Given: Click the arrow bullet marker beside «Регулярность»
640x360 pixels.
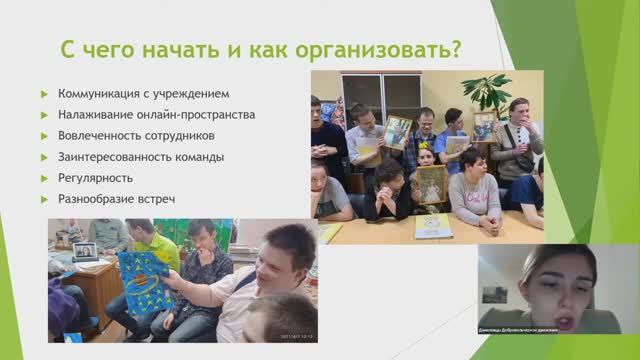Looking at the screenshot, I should (x=44, y=177).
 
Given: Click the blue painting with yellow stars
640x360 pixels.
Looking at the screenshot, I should (x=145, y=284).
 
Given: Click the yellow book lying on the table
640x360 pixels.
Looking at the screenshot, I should (x=432, y=226).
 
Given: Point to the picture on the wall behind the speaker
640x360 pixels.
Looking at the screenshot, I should (x=493, y=295).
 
